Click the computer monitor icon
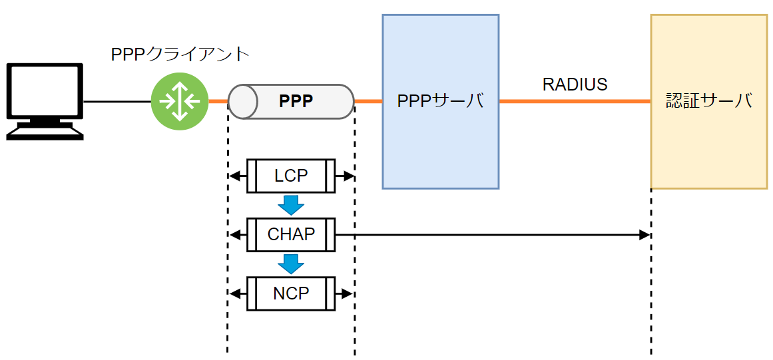pos(45,100)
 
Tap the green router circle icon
pos(180,101)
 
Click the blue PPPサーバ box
pos(440,101)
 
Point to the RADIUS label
pos(575,85)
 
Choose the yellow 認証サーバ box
pos(708,101)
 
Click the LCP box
pos(291,176)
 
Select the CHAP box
pos(291,234)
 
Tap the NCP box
pos(291,293)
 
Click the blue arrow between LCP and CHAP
pos(291,204)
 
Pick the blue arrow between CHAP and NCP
pos(291,264)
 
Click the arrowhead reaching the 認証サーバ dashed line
pos(645,235)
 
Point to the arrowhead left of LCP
pos(233,176)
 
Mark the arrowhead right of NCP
pos(350,293)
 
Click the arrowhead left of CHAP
pos(233,235)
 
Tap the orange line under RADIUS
pos(575,101)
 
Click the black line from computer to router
pos(117,101)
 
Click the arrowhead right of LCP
pos(350,176)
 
